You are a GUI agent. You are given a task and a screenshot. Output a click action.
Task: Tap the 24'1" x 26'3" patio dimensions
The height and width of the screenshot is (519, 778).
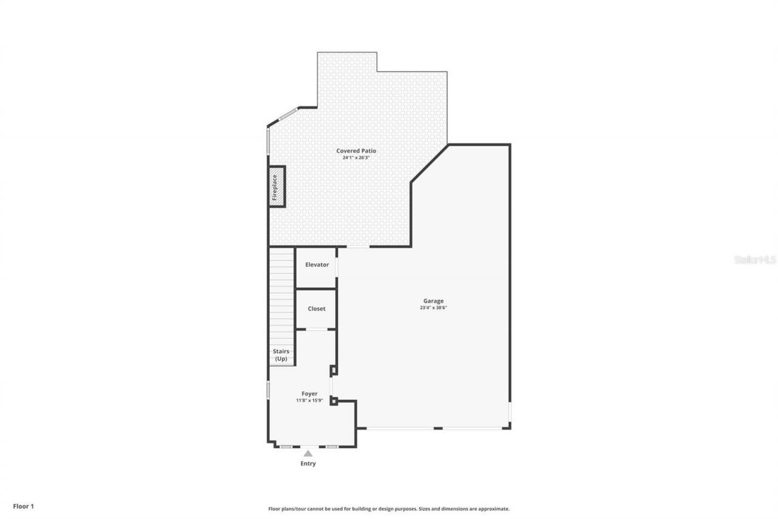356,158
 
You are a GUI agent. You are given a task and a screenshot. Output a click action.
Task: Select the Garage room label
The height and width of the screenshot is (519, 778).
433,301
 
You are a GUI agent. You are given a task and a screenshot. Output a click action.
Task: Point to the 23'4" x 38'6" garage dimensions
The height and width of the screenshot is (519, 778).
433,308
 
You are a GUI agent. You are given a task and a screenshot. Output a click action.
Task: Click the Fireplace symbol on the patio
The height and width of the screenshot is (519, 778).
277,187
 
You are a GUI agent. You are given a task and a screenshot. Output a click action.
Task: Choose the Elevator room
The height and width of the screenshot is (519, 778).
317,265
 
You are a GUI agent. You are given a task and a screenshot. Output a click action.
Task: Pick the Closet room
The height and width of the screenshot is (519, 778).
316,308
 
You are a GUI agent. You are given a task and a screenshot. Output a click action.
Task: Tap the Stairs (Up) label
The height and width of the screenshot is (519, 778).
281,355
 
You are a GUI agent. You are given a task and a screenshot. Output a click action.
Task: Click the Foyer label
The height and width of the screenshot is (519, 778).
309,394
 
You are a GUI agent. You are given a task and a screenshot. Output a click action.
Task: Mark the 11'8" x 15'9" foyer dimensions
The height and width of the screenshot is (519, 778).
309,400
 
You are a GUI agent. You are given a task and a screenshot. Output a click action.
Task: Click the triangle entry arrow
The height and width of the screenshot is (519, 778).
308,453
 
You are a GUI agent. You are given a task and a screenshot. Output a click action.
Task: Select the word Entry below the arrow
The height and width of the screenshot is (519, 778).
308,464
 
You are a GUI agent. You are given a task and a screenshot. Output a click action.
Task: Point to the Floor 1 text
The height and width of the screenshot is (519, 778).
24,506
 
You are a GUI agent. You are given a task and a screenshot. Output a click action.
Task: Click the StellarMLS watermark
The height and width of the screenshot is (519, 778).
755,260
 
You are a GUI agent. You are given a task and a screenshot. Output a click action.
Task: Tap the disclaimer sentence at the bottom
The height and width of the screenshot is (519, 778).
389,509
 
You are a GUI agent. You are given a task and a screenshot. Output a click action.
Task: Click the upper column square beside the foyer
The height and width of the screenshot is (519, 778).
333,369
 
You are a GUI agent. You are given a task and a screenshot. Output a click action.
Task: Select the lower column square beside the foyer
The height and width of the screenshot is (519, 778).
333,400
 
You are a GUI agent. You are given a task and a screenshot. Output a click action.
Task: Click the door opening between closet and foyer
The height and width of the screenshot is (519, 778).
316,329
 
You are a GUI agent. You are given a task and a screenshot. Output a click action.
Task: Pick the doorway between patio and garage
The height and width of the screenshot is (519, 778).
358,246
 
